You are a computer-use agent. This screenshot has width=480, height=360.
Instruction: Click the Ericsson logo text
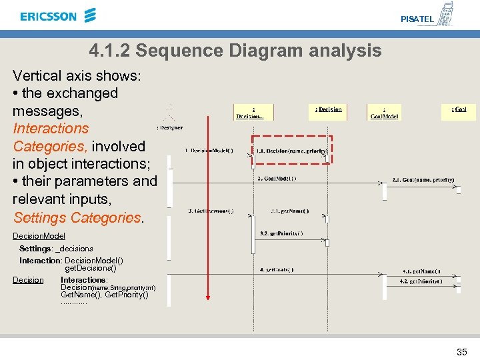coord(49,16)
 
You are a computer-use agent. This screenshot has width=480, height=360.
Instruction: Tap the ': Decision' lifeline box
coord(328,109)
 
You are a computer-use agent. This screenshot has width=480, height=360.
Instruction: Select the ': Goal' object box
coord(459,109)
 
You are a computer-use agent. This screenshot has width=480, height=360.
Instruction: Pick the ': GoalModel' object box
coord(384,112)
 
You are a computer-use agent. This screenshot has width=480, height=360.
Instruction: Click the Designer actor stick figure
coord(170,112)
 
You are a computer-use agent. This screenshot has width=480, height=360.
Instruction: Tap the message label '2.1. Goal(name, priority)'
coord(423,179)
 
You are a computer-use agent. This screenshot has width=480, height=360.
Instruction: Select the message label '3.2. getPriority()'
coord(281,233)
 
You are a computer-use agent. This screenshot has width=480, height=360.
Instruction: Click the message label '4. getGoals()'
coord(276,269)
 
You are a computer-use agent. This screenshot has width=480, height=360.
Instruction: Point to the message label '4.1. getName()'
coord(421,271)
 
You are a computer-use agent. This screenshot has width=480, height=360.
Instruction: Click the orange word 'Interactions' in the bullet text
coord(51,128)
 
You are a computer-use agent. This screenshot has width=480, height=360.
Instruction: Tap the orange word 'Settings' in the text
coord(39,217)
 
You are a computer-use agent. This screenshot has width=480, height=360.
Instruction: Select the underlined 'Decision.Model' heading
coord(39,236)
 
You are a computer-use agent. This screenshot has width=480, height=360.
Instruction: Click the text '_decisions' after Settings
coord(74,249)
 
